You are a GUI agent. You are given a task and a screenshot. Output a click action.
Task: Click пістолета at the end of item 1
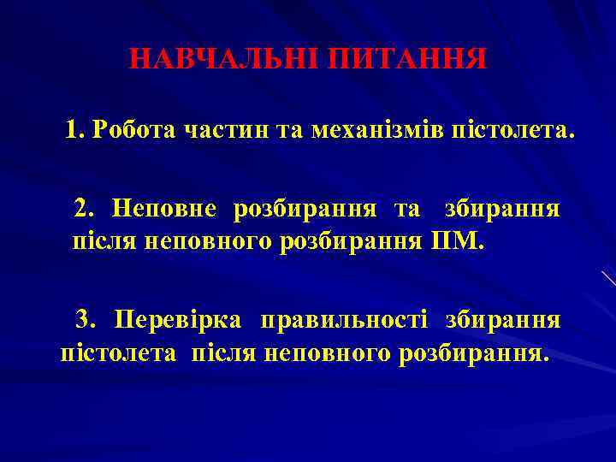pos(512,131)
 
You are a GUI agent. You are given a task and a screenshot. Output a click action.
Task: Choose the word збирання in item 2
pos(503,208)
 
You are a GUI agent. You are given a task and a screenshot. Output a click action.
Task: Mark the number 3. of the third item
pos(87,320)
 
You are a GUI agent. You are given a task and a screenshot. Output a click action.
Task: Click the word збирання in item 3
pos(503,320)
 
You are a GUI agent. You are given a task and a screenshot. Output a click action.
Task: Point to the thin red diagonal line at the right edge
pos(608,278)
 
